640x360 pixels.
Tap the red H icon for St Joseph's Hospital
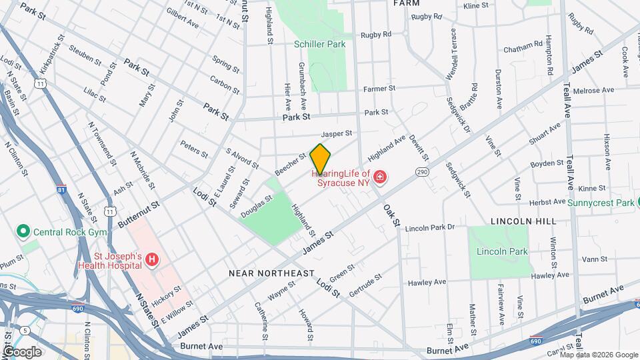click(153, 259)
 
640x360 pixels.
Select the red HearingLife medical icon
click(380, 177)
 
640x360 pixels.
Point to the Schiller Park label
click(319, 44)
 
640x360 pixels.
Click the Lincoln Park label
click(502, 251)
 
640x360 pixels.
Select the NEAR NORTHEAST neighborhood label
click(271, 273)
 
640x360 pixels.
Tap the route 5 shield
click(25, 330)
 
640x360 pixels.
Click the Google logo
click(22, 351)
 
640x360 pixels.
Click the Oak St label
click(391, 215)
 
